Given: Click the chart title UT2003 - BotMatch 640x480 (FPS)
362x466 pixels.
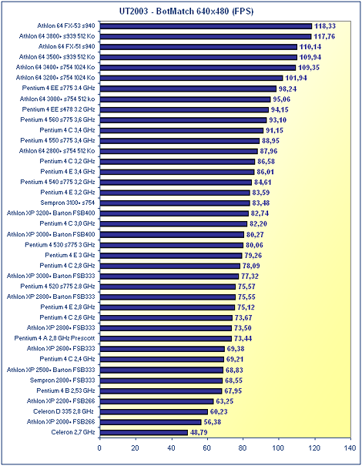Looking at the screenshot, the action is [x=186, y=12].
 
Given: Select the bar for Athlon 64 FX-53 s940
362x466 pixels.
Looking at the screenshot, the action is [x=206, y=26].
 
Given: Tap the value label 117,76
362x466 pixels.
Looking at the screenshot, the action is [x=324, y=36].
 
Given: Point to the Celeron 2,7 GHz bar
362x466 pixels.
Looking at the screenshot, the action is [x=144, y=432].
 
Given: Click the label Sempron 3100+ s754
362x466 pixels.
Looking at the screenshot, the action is [x=68, y=203].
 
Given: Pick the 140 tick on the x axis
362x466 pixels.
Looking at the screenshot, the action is [x=350, y=448].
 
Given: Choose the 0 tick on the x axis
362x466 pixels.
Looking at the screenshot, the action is [x=99, y=448].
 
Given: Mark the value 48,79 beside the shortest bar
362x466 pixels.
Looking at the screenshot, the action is [x=199, y=432].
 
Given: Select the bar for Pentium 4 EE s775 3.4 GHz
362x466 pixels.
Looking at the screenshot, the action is [x=188, y=89].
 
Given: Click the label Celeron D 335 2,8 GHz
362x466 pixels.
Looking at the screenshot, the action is [x=63, y=411].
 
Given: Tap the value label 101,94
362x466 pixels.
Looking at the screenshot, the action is [x=296, y=78].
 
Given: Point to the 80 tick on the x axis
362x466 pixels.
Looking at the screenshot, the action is [x=243, y=448].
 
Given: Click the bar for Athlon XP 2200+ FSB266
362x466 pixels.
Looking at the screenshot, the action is [x=156, y=401].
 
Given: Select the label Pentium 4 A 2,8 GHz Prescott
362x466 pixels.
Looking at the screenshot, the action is [x=55, y=338].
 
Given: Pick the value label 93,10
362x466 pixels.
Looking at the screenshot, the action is [x=278, y=120].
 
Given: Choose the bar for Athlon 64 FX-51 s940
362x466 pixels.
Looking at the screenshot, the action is [x=198, y=47].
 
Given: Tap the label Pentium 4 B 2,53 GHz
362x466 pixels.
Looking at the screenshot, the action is [x=65, y=391].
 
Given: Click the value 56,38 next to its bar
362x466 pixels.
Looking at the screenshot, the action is [x=213, y=422].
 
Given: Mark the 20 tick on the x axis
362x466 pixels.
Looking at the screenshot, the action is [x=136, y=448].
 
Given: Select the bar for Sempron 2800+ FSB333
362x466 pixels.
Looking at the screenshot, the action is [x=161, y=381].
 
